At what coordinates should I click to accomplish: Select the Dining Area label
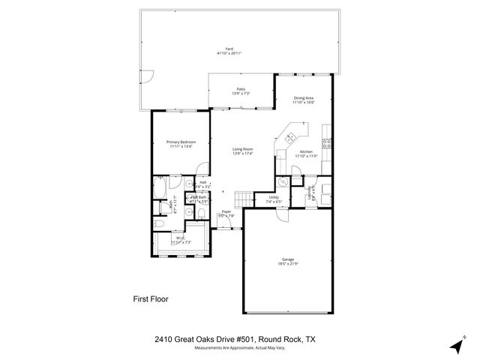[303, 100]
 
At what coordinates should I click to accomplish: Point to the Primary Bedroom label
[181, 144]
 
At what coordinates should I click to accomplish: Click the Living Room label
[242, 151]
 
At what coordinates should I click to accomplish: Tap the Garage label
[288, 262]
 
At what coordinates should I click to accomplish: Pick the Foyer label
[226, 214]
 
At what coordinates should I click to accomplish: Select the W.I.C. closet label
[181, 241]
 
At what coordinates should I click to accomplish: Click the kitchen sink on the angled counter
[289, 136]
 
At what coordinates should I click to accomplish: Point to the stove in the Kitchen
[327, 141]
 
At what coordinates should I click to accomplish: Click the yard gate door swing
[148, 78]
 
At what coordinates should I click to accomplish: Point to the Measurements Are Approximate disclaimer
[240, 348]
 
